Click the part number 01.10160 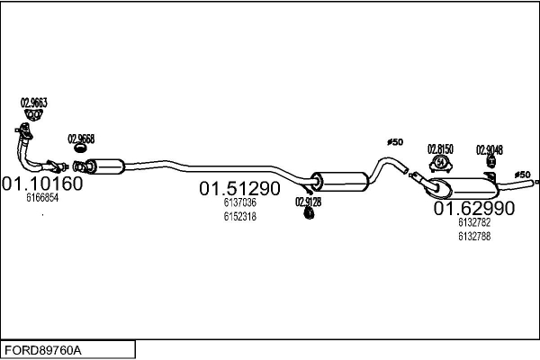click(x=42, y=184)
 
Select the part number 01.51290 click(x=239, y=189)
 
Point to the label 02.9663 click(x=33, y=103)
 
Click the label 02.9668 click(x=81, y=139)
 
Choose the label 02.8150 click(x=440, y=148)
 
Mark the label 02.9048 click(x=490, y=149)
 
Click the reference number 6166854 click(x=42, y=198)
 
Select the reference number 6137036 click(x=240, y=203)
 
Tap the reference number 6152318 click(x=240, y=216)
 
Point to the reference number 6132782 click(x=474, y=223)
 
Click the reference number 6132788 click(x=474, y=236)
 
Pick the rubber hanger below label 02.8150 click(x=441, y=163)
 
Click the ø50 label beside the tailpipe click(x=521, y=174)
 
